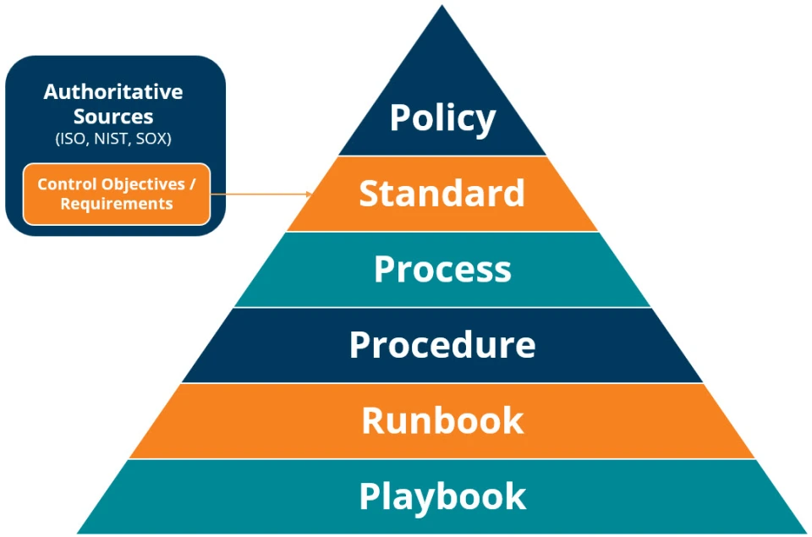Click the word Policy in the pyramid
click(442, 118)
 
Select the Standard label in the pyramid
click(442, 194)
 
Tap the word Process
click(442, 269)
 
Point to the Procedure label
click(442, 345)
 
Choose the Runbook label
click(442, 420)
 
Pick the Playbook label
click(442, 496)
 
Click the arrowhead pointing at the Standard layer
click(309, 195)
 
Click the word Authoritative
click(113, 91)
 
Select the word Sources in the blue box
click(113, 117)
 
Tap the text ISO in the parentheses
click(71, 140)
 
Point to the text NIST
click(111, 140)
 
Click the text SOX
click(153, 140)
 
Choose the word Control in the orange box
click(68, 184)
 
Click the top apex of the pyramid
click(442, 7)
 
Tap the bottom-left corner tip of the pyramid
click(78, 532)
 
